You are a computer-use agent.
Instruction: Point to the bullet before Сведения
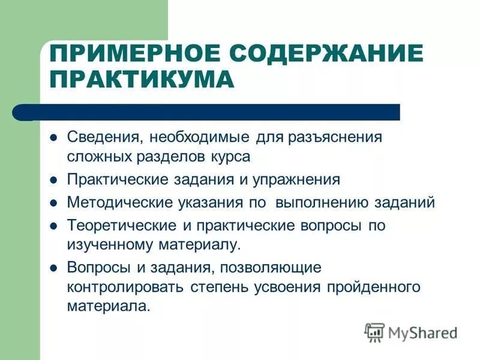click(x=53, y=137)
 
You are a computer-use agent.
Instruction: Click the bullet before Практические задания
click(x=53, y=180)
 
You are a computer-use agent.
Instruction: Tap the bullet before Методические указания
click(x=53, y=203)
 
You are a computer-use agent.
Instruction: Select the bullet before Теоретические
click(x=53, y=226)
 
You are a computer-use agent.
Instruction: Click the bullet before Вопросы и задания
click(x=53, y=267)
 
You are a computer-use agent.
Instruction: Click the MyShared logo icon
click(x=374, y=331)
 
